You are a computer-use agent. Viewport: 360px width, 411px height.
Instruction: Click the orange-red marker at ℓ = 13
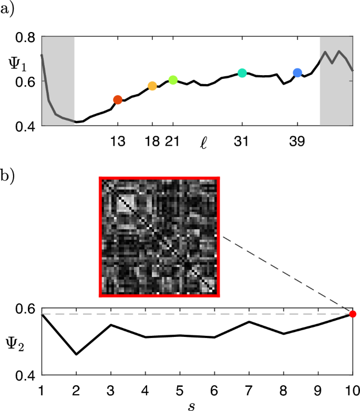point(118,100)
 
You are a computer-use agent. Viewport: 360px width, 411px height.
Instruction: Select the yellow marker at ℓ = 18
point(152,86)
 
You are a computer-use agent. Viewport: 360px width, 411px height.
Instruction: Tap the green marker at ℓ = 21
point(173,80)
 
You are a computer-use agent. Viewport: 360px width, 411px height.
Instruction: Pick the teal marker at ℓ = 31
point(242,73)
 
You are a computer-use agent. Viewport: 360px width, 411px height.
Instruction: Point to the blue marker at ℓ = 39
point(297,73)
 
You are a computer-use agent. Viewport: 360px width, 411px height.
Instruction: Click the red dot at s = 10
point(353,314)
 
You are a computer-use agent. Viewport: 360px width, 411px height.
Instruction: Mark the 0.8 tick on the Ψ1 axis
point(25,37)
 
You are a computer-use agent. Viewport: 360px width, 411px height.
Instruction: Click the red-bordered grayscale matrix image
point(159,237)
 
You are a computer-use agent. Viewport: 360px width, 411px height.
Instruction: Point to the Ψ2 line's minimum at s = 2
point(76,354)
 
